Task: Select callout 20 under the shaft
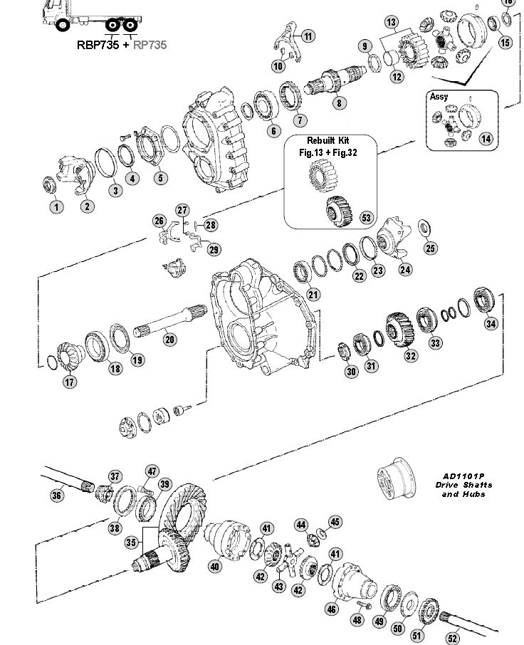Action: [169, 340]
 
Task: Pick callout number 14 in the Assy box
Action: [486, 139]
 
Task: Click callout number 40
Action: [214, 567]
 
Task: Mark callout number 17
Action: [70, 382]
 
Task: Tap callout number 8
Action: [339, 103]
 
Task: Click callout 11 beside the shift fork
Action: [308, 36]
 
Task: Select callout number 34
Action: [491, 324]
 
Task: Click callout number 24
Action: [405, 270]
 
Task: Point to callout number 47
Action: [152, 471]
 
